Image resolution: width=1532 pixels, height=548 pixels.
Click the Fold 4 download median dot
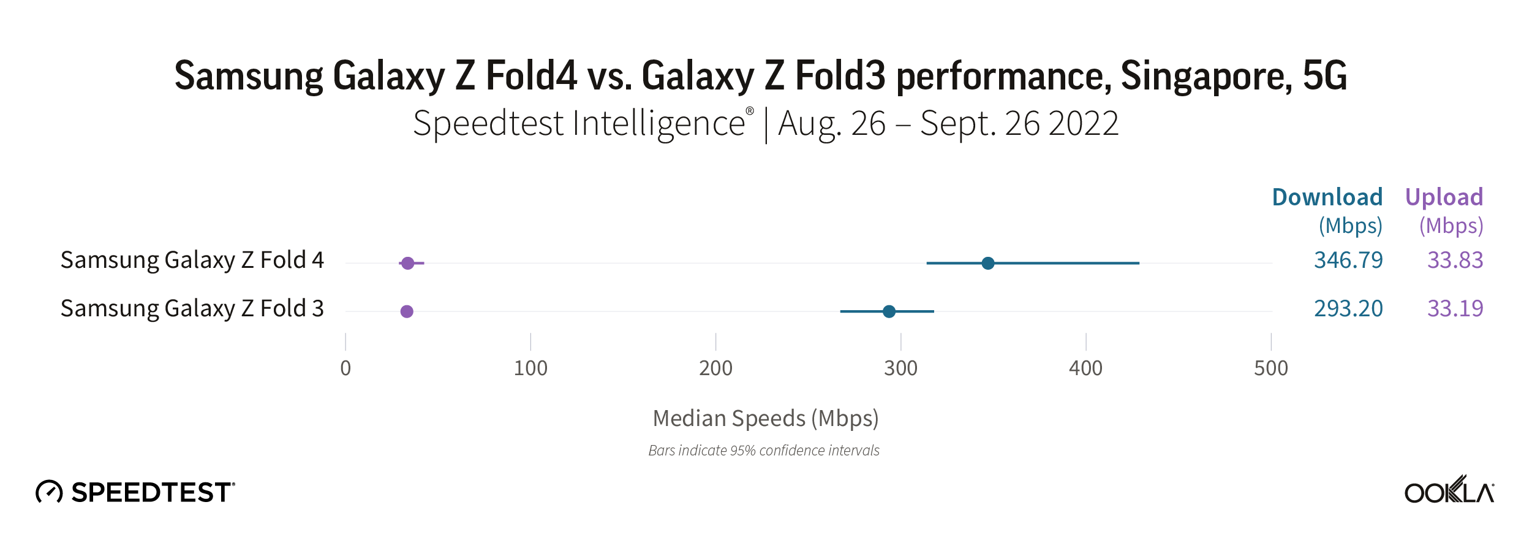987,263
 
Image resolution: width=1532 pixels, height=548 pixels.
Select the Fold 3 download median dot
889,311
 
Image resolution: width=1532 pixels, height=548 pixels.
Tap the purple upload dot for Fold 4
408,263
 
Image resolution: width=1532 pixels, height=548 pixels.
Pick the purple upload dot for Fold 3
407,311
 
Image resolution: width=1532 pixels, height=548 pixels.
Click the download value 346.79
1348,260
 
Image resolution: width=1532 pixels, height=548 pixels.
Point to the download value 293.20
1348,308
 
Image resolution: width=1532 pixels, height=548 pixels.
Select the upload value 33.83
1455,260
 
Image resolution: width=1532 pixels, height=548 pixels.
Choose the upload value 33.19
1455,308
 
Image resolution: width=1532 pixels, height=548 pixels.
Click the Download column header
1327,197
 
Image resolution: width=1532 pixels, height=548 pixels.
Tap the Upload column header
1444,197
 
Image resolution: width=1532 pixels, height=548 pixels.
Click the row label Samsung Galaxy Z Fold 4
192,260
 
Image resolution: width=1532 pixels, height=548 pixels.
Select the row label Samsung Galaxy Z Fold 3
192,308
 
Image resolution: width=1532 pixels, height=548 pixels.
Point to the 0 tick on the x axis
345,368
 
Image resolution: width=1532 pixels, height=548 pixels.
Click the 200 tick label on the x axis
715,368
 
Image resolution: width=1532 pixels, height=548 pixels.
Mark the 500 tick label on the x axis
1270,368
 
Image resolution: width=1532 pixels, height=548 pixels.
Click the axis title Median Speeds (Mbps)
765,418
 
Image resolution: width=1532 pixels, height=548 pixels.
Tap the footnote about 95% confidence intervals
764,451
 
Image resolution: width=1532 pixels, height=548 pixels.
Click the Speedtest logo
135,492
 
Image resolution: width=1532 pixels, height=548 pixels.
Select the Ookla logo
1449,491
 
